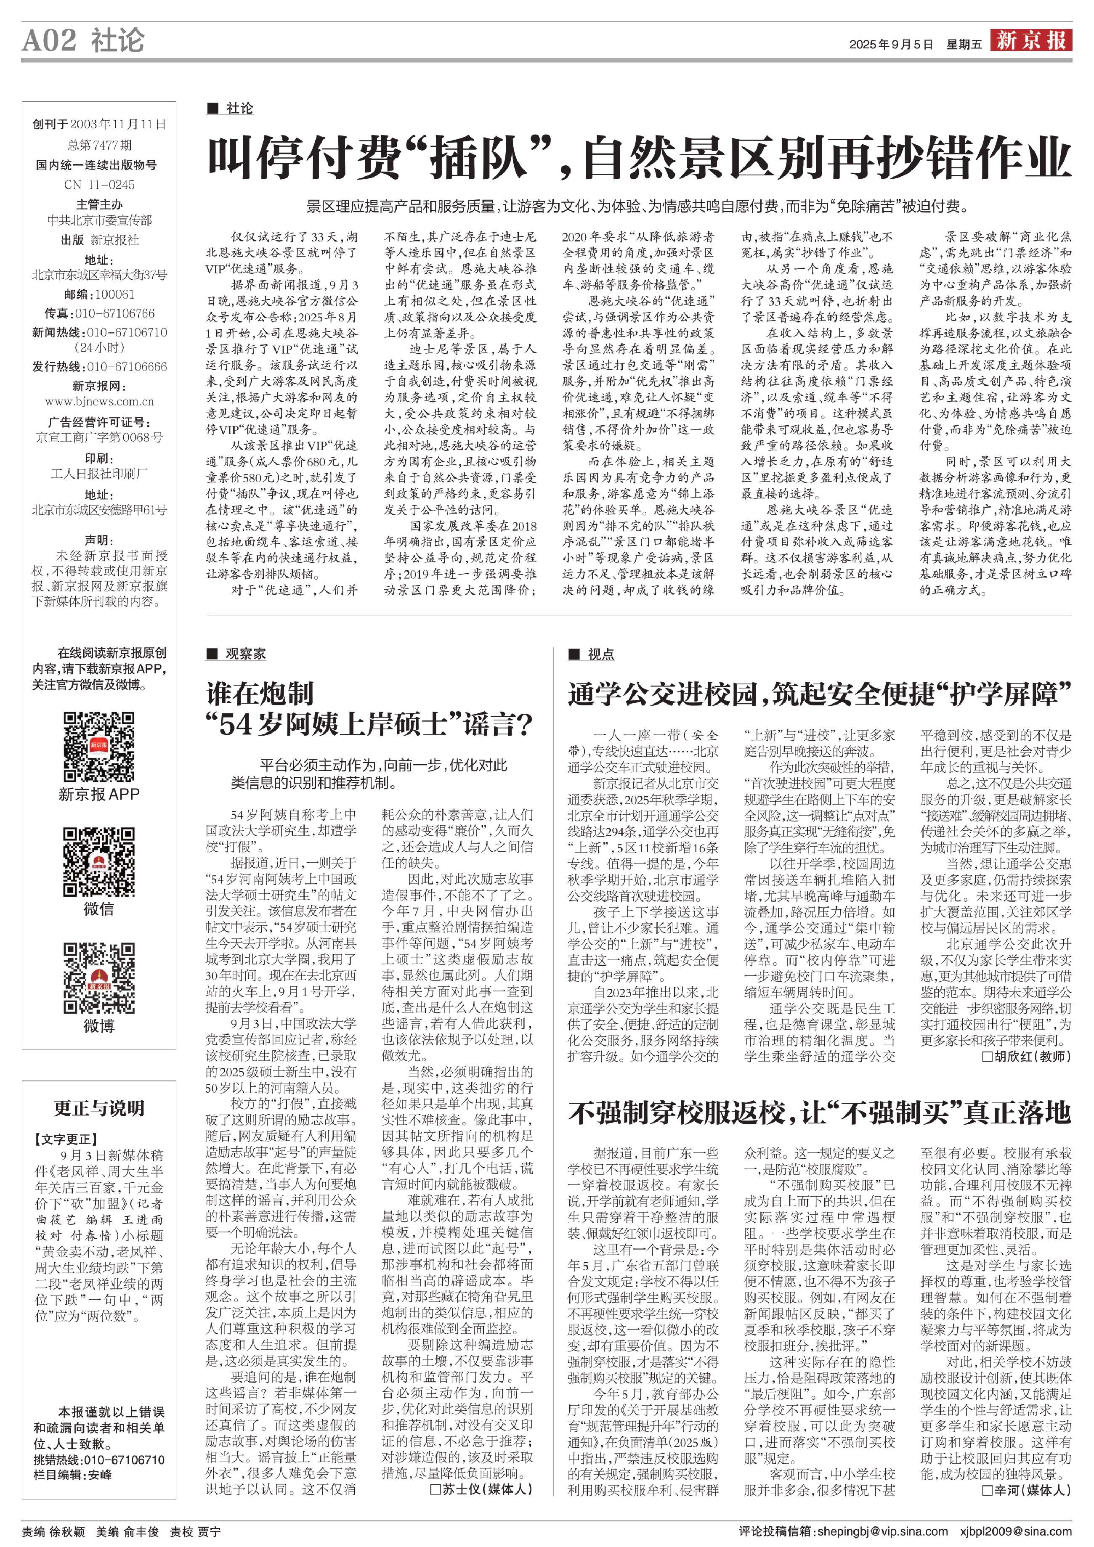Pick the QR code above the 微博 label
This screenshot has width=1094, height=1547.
coord(98,977)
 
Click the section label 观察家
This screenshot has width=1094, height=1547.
coord(245,654)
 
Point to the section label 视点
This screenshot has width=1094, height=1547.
coord(600,654)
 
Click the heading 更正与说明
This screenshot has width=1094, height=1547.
coord(99,1108)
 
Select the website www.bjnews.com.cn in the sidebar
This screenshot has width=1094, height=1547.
coord(99,402)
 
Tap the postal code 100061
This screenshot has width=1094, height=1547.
coord(114,294)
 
